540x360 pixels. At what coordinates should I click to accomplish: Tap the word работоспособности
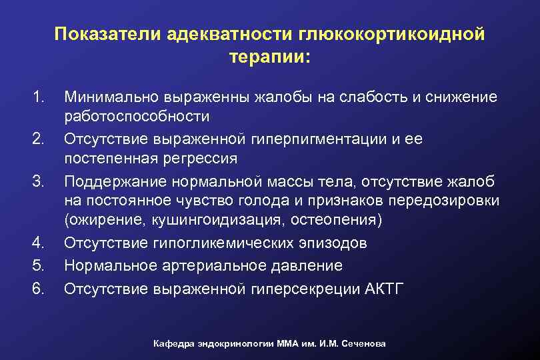coord(137,117)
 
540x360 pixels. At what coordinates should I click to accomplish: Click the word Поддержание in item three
coord(114,181)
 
